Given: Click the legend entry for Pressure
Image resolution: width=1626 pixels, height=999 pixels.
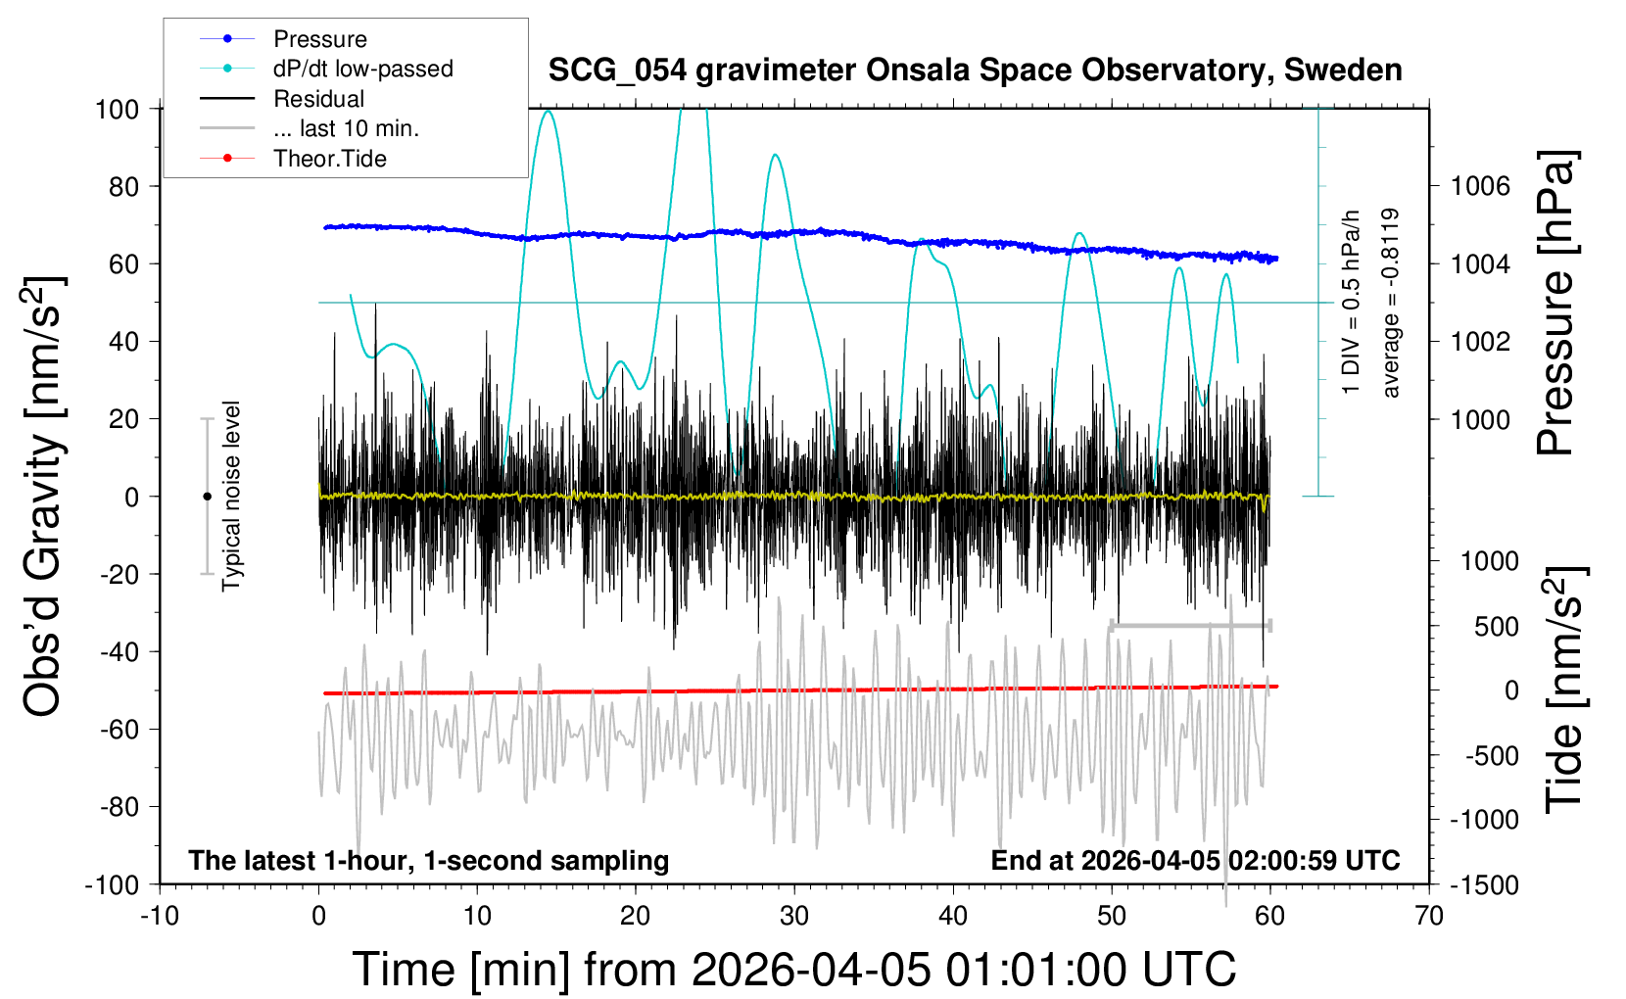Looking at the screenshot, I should [319, 39].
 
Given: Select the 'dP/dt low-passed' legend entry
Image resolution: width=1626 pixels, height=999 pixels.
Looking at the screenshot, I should [362, 69].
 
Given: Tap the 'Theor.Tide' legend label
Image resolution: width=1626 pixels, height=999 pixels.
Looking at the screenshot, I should [329, 159].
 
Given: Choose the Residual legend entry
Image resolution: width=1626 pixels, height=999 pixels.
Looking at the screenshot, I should [318, 99].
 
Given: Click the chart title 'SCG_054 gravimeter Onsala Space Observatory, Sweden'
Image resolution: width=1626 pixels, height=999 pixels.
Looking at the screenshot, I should [975, 71].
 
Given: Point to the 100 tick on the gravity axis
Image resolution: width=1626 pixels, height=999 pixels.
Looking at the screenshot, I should [117, 109].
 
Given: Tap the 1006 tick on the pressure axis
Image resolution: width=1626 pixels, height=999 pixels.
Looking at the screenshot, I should [1480, 186].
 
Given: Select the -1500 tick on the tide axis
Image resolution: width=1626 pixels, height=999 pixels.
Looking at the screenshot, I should [1484, 885].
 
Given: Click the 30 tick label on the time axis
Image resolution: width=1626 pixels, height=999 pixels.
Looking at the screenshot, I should [793, 917].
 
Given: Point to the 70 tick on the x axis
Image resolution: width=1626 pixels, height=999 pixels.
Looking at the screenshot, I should [1429, 917].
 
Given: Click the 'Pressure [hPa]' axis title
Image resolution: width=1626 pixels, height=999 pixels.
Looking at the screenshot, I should [1555, 304].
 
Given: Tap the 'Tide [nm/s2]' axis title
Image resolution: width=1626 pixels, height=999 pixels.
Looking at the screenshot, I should [1563, 690].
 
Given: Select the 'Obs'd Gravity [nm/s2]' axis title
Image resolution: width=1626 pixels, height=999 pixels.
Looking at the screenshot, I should [44, 497].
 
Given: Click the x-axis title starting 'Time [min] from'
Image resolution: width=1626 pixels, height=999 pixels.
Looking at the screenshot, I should [793, 970].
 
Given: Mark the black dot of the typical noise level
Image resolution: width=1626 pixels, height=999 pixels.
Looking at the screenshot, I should [207, 497].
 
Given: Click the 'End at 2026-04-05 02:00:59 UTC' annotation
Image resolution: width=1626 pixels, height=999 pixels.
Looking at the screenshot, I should [1195, 861].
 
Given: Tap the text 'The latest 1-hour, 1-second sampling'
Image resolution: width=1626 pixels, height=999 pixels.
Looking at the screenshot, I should [429, 861].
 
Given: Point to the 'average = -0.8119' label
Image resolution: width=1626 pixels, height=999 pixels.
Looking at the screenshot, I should [1390, 303].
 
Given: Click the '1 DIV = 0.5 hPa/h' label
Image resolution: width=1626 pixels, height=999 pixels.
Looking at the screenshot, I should [1352, 303].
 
